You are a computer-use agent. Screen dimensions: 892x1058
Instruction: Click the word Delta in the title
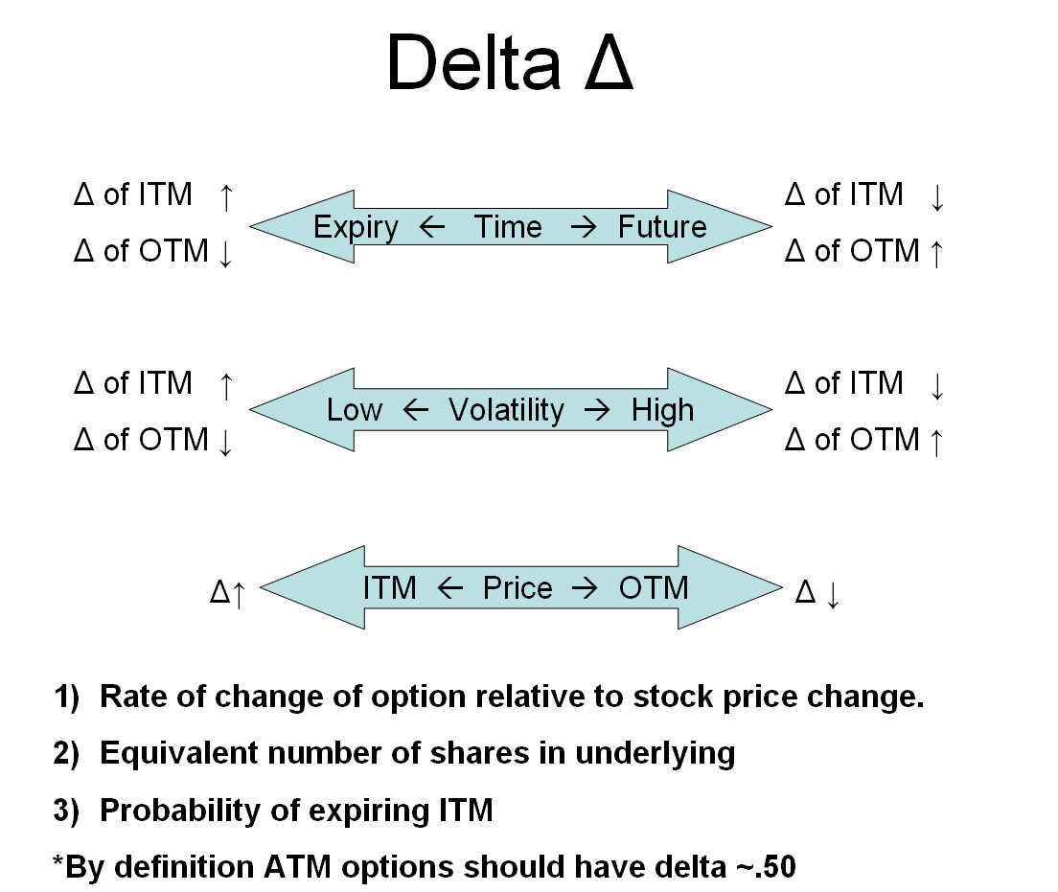(472, 63)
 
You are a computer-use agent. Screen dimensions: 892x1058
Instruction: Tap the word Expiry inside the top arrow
(356, 227)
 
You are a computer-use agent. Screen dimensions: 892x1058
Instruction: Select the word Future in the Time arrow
(662, 227)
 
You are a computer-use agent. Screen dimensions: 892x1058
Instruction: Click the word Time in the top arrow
(508, 227)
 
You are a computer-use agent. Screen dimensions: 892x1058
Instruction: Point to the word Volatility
(506, 410)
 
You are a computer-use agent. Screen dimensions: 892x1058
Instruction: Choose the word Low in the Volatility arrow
(355, 410)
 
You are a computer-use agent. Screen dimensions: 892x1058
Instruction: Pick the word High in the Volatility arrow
(662, 410)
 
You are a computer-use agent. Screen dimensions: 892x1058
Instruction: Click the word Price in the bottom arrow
(517, 587)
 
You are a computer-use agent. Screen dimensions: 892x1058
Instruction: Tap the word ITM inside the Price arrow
(390, 587)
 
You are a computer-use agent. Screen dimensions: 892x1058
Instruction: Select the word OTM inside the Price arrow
(654, 587)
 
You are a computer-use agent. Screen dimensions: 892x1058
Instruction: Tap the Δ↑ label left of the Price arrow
(229, 592)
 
